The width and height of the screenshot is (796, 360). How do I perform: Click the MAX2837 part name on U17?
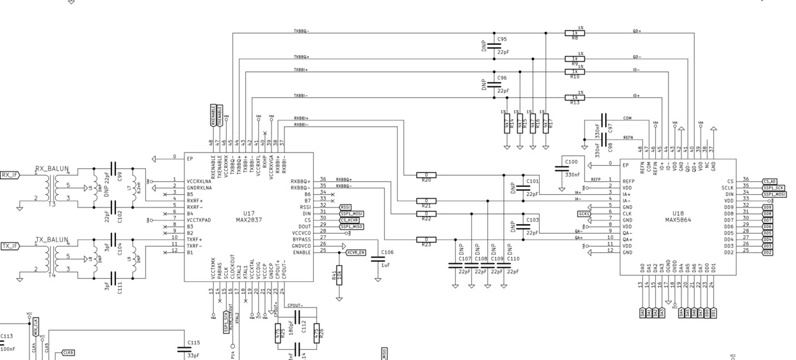[248, 220]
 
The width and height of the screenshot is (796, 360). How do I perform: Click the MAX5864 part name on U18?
[678, 220]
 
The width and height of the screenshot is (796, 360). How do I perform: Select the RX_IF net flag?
[10, 174]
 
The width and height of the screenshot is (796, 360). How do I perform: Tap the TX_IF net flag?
[10, 245]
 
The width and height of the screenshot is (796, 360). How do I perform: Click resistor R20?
[426, 175]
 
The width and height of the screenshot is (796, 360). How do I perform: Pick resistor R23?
[426, 240]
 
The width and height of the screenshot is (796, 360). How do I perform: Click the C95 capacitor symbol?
[494, 44]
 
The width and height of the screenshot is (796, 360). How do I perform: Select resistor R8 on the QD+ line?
[574, 32]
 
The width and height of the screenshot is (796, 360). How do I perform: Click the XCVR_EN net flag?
[355, 252]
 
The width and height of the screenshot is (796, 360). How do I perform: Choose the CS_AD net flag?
[770, 181]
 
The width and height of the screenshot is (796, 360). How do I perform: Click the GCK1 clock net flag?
[583, 213]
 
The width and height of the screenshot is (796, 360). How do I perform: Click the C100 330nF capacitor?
[561, 169]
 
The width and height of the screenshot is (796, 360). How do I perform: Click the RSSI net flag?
[345, 207]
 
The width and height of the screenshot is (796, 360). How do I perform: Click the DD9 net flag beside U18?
[767, 207]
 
